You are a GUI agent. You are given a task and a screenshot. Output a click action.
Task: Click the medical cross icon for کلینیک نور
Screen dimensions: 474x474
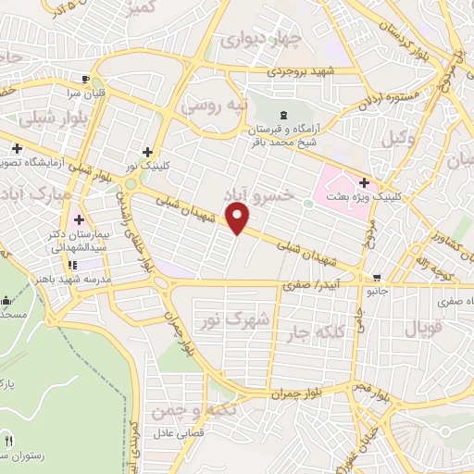pos(147,152)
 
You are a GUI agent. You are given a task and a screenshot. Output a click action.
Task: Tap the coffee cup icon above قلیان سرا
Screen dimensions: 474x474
pos(86,79)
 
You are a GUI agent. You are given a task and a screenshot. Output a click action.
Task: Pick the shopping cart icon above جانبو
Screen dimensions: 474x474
pos(376,278)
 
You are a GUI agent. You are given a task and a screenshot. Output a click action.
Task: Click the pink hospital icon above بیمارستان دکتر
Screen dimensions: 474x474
pos(78,220)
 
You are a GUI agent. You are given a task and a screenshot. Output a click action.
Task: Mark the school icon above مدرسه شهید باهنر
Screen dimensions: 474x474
pos(71,265)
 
